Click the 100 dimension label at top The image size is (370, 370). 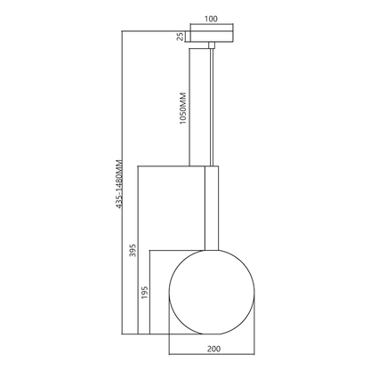[211, 19]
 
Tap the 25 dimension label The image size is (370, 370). [180, 36]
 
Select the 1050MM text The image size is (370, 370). [183, 109]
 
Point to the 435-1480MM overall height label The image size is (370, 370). [119, 183]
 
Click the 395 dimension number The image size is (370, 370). [133, 250]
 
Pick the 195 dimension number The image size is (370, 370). [145, 293]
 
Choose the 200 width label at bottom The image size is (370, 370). [213, 349]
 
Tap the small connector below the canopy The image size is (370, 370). [212, 44]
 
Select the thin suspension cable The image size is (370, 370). [212, 107]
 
